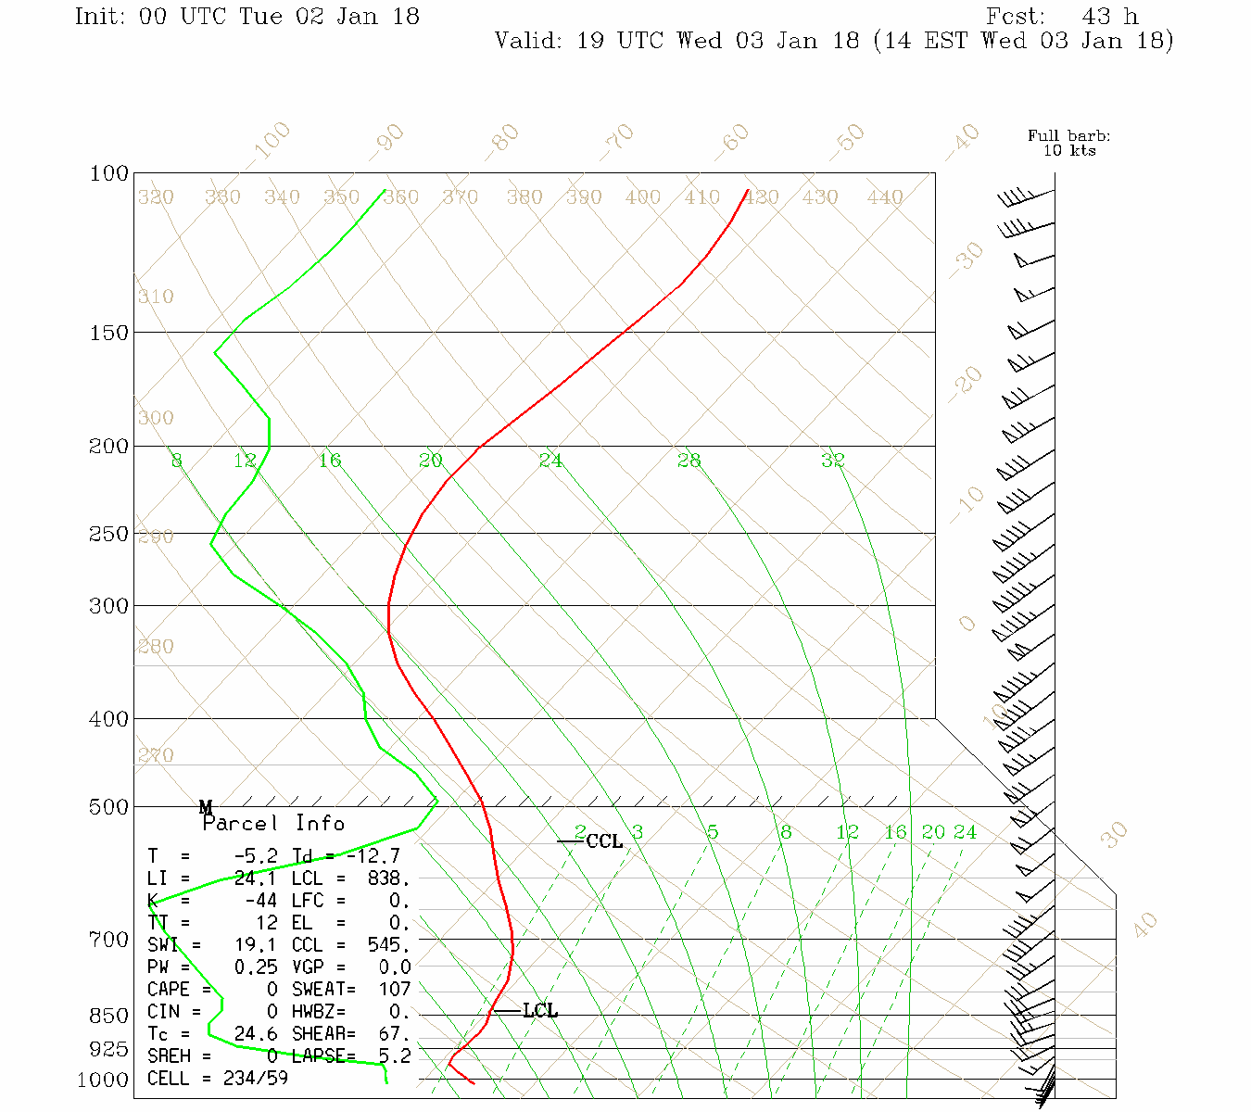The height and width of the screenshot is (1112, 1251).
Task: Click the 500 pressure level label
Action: click(109, 807)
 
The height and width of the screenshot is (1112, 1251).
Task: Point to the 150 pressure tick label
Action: click(109, 333)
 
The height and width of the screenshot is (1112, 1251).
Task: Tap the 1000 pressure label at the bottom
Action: click(102, 1080)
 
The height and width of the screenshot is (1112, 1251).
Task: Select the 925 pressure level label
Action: click(108, 1049)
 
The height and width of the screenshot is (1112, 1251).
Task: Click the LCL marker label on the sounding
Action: click(540, 1011)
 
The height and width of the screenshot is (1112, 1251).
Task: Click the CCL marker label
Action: click(604, 841)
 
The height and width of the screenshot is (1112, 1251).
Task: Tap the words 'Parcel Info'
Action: click(273, 824)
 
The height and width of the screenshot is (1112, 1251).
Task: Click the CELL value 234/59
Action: click(255, 1079)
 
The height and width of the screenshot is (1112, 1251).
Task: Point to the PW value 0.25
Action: click(255, 967)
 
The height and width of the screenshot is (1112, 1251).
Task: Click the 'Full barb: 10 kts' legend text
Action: click(1068, 144)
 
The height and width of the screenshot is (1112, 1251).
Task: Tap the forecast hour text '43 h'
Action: click(1109, 17)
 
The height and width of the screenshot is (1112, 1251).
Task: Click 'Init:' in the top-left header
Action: click(99, 17)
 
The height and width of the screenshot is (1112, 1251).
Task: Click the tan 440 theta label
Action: click(885, 197)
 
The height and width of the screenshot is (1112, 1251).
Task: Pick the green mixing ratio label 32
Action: click(832, 460)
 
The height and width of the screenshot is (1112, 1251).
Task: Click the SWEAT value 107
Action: click(394, 990)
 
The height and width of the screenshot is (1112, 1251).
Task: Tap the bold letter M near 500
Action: click(206, 807)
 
